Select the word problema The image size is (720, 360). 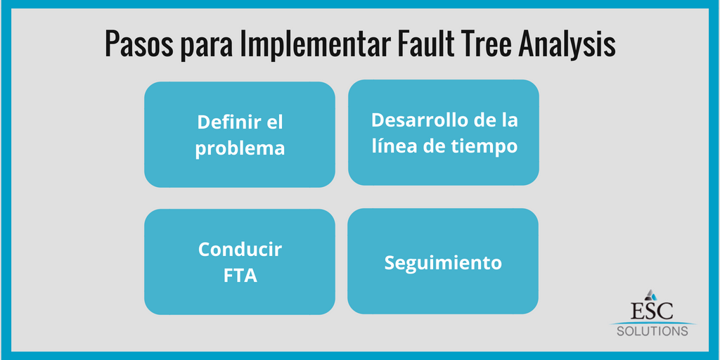point(240,148)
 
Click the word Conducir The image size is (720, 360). point(240,249)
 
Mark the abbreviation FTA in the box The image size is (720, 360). point(240,276)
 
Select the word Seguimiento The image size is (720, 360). point(443,262)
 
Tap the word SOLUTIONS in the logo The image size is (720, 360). point(652,330)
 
